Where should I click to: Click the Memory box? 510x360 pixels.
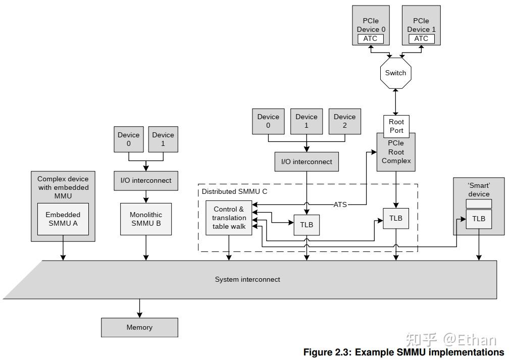139,327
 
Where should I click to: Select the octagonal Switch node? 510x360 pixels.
395,73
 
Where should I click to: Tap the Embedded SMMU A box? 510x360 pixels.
63,219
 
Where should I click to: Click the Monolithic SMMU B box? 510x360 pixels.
146,219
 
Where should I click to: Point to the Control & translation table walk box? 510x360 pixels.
228,218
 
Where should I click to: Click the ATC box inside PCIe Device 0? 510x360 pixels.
370,39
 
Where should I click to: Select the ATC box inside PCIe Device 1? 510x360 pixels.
421,39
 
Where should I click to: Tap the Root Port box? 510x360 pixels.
396,126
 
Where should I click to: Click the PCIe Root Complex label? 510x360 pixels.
396,152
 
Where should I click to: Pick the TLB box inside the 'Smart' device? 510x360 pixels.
479,219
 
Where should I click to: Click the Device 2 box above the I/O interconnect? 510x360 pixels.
344,121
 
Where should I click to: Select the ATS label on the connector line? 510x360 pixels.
340,204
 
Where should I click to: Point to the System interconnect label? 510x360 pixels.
247,279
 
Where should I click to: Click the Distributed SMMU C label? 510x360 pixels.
234,192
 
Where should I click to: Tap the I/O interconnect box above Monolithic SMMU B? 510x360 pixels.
146,180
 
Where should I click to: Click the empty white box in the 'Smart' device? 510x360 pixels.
479,203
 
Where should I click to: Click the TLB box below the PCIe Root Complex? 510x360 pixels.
396,218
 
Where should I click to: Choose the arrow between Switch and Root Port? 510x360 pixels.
396,102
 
